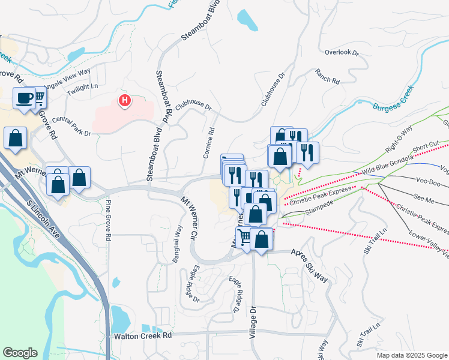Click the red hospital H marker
124,100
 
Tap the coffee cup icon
24,98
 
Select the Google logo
20,353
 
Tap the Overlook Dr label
341,53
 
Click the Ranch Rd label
327,76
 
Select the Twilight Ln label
83,87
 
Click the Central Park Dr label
71,126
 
